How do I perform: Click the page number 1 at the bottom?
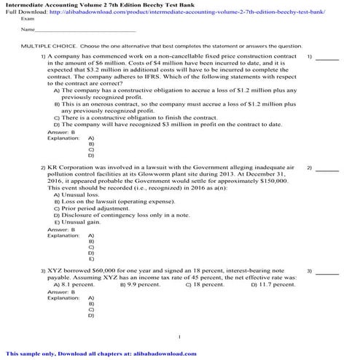[179, 337]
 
